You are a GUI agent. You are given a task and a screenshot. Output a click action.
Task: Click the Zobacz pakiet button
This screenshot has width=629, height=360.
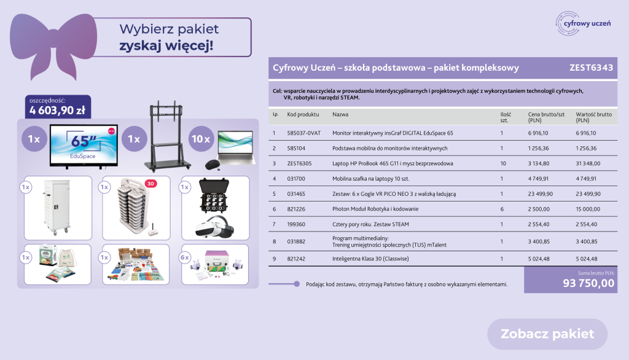point(547,334)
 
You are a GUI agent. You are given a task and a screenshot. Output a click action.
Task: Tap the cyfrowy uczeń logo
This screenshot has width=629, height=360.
point(584,23)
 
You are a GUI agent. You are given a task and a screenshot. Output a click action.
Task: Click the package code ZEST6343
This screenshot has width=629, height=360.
point(591,68)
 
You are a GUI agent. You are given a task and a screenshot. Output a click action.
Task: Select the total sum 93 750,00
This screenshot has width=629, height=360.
point(588,283)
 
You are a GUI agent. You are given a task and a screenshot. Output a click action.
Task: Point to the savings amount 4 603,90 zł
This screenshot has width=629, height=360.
point(57,111)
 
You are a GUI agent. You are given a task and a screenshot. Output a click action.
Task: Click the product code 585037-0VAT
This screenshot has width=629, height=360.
point(303,133)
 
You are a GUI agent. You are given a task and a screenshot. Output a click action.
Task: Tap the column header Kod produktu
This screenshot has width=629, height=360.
point(303,115)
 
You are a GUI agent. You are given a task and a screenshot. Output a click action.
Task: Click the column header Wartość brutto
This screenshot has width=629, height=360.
point(593,115)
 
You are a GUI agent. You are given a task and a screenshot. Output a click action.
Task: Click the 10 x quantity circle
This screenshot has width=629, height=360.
point(200,139)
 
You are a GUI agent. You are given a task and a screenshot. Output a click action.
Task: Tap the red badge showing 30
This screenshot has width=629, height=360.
point(151,183)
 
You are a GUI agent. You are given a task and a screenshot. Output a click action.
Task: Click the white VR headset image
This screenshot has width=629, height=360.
point(215,228)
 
